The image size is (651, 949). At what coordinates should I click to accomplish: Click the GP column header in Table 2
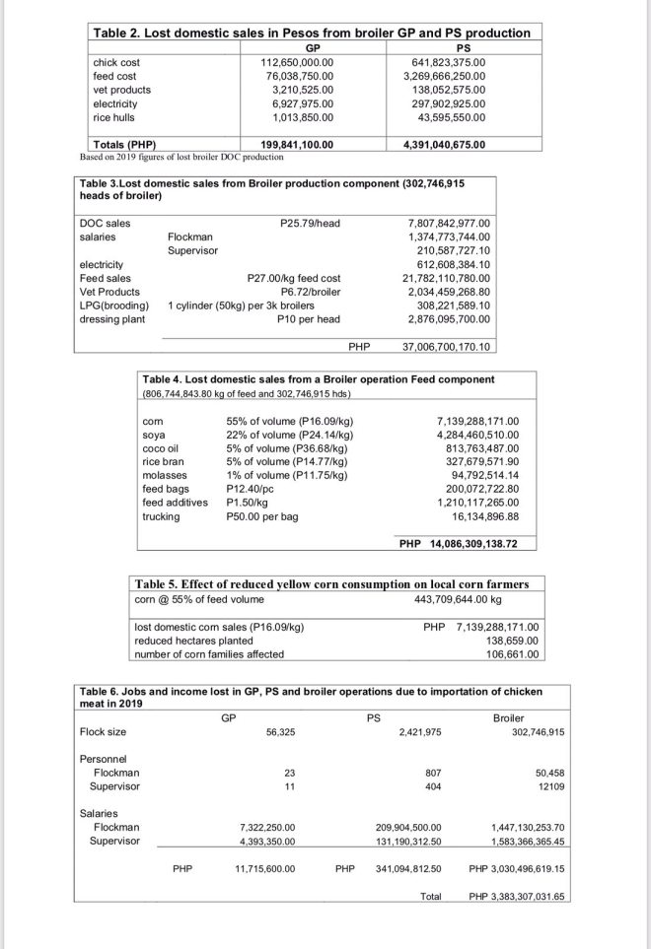(x=312, y=47)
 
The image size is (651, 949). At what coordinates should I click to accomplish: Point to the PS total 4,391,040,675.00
(x=445, y=144)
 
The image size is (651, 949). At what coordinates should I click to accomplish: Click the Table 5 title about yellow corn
(x=330, y=583)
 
